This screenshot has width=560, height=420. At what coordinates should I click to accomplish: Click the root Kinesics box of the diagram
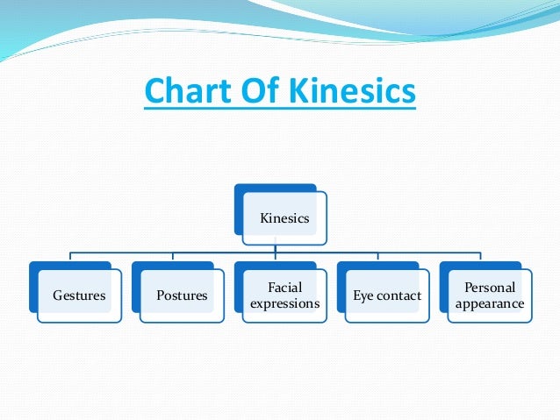point(285,218)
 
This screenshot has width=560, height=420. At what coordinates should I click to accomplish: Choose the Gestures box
point(79,296)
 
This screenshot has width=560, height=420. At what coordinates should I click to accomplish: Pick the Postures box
point(182,296)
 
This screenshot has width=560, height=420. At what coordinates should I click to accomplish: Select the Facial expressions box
point(284,296)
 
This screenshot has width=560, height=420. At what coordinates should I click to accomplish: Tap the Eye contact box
point(387,296)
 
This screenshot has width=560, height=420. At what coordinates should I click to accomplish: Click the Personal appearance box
point(490,296)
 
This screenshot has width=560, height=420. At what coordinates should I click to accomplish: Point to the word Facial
point(284,288)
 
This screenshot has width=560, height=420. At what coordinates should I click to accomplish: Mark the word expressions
point(284,304)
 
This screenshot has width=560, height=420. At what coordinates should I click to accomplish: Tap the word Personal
point(490,288)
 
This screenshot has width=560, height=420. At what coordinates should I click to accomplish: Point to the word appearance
point(490,304)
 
